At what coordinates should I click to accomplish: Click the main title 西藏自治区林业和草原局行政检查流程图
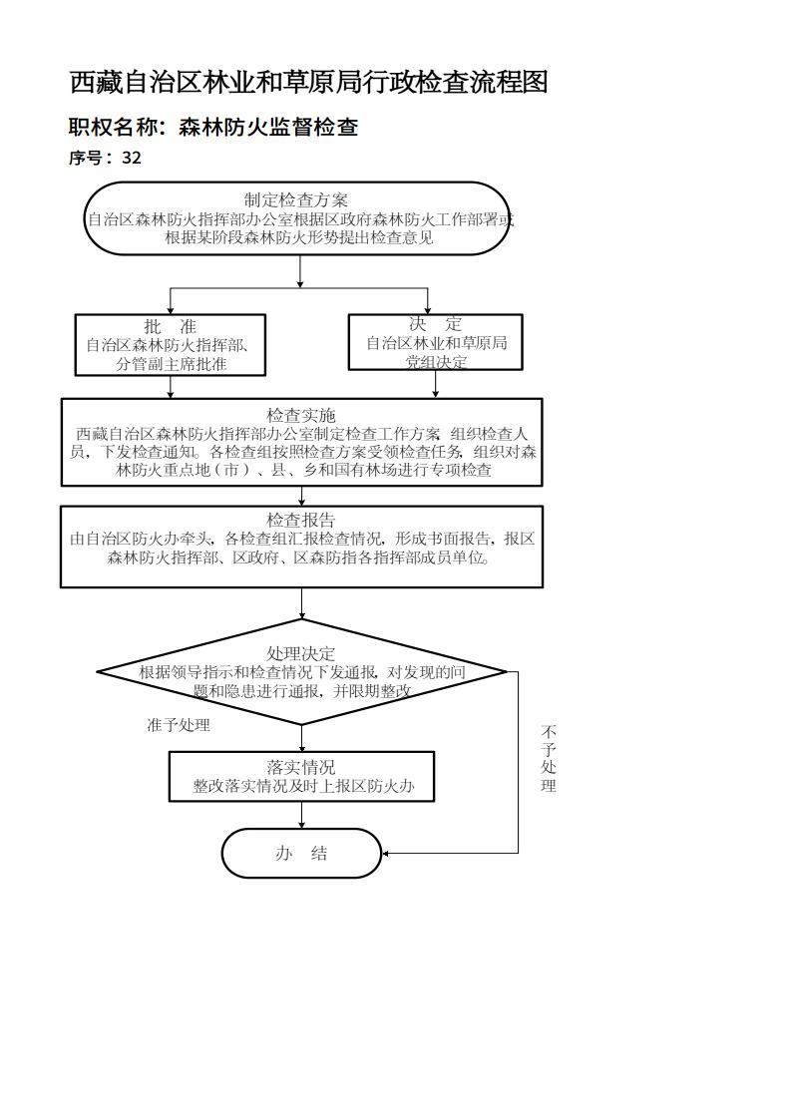308,82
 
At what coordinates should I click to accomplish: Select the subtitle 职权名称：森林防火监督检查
212,127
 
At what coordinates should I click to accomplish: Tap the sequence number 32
132,158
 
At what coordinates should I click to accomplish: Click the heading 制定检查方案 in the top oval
296,200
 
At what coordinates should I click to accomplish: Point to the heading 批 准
171,326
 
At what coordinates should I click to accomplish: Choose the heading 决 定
435,324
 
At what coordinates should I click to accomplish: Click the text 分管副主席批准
171,364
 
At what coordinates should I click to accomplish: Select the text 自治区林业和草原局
435,343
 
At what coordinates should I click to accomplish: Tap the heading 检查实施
301,415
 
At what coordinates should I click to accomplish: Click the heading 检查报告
301,520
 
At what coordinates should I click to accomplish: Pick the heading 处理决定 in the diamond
301,653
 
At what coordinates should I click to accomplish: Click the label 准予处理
179,725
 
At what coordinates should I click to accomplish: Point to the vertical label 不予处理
549,759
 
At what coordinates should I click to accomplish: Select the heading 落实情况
301,766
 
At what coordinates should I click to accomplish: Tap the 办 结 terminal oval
301,853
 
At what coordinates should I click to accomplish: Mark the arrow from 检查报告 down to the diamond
302,603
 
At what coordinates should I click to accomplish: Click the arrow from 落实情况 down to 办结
302,815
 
